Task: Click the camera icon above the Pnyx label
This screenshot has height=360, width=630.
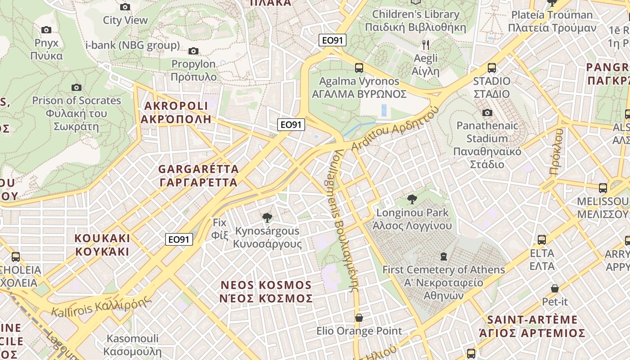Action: click(x=46, y=30)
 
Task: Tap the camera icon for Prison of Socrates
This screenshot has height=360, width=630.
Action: click(x=76, y=87)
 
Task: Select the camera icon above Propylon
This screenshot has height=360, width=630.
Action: click(x=193, y=51)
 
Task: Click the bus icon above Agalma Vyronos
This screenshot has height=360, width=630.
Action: click(x=359, y=68)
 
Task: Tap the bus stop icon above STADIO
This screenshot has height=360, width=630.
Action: click(x=491, y=68)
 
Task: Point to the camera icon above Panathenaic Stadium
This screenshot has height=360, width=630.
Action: click(x=487, y=112)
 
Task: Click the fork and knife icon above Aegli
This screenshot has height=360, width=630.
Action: click(x=425, y=45)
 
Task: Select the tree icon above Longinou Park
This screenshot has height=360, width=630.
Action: click(x=412, y=199)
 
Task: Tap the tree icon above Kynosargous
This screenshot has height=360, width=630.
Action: click(x=267, y=218)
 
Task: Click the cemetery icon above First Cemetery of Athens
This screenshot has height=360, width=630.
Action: click(x=444, y=256)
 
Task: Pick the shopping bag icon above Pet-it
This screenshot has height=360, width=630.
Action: click(x=554, y=288)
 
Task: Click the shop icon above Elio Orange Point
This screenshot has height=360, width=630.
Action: click(x=359, y=318)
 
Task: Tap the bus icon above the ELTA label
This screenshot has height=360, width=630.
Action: click(x=542, y=240)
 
